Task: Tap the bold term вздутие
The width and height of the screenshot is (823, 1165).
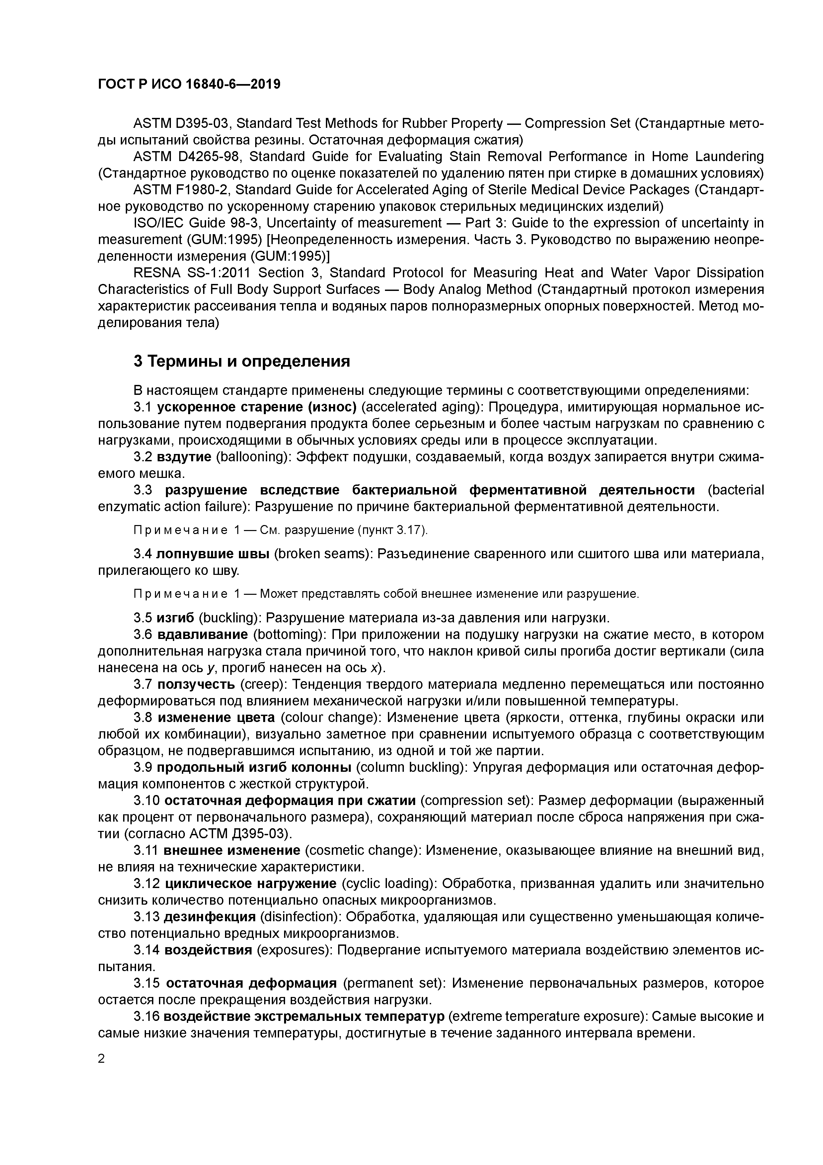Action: (184, 457)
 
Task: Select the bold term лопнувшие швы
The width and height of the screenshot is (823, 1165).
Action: (213, 554)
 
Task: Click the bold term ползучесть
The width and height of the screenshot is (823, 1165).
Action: (196, 684)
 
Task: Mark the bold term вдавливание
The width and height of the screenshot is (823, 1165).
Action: (203, 635)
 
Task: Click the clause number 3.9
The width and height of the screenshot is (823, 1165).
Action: (143, 767)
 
